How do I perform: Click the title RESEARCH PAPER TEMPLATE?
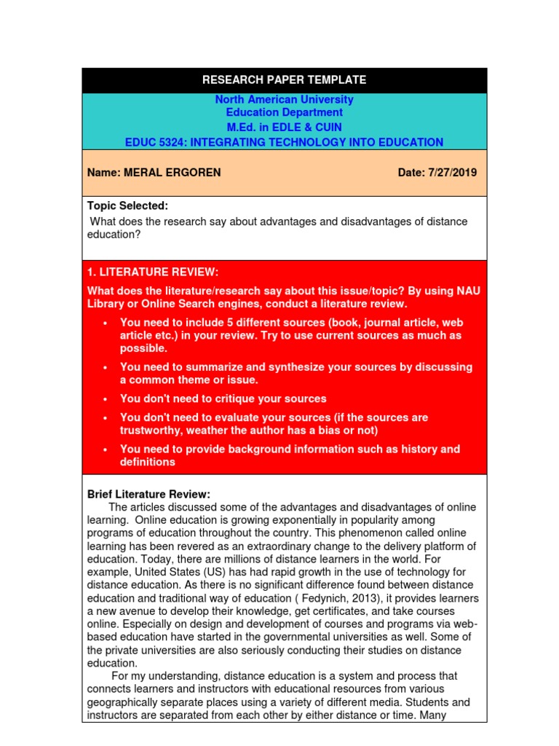[x=284, y=80]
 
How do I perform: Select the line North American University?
[x=284, y=99]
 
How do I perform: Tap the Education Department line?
[x=284, y=112]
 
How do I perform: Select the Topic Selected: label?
[x=127, y=206]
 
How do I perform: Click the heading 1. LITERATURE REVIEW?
[x=153, y=272]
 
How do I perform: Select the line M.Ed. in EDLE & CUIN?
[x=284, y=127]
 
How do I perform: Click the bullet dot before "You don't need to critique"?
[x=106, y=399]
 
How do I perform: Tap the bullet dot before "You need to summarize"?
[x=106, y=367]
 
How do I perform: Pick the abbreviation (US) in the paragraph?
[x=192, y=572]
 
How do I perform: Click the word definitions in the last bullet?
[x=147, y=462]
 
